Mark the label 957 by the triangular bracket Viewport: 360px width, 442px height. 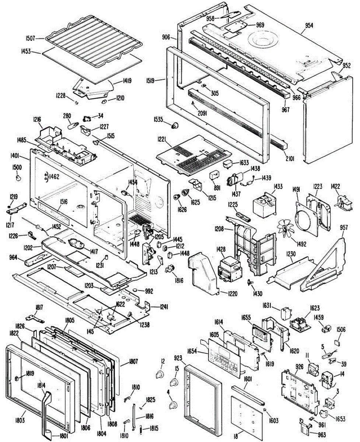[x=343, y=228]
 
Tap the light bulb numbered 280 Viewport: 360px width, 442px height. [x=73, y=125]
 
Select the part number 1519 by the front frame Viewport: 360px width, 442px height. [x=160, y=79]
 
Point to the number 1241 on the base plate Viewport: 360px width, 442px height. [x=164, y=306]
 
